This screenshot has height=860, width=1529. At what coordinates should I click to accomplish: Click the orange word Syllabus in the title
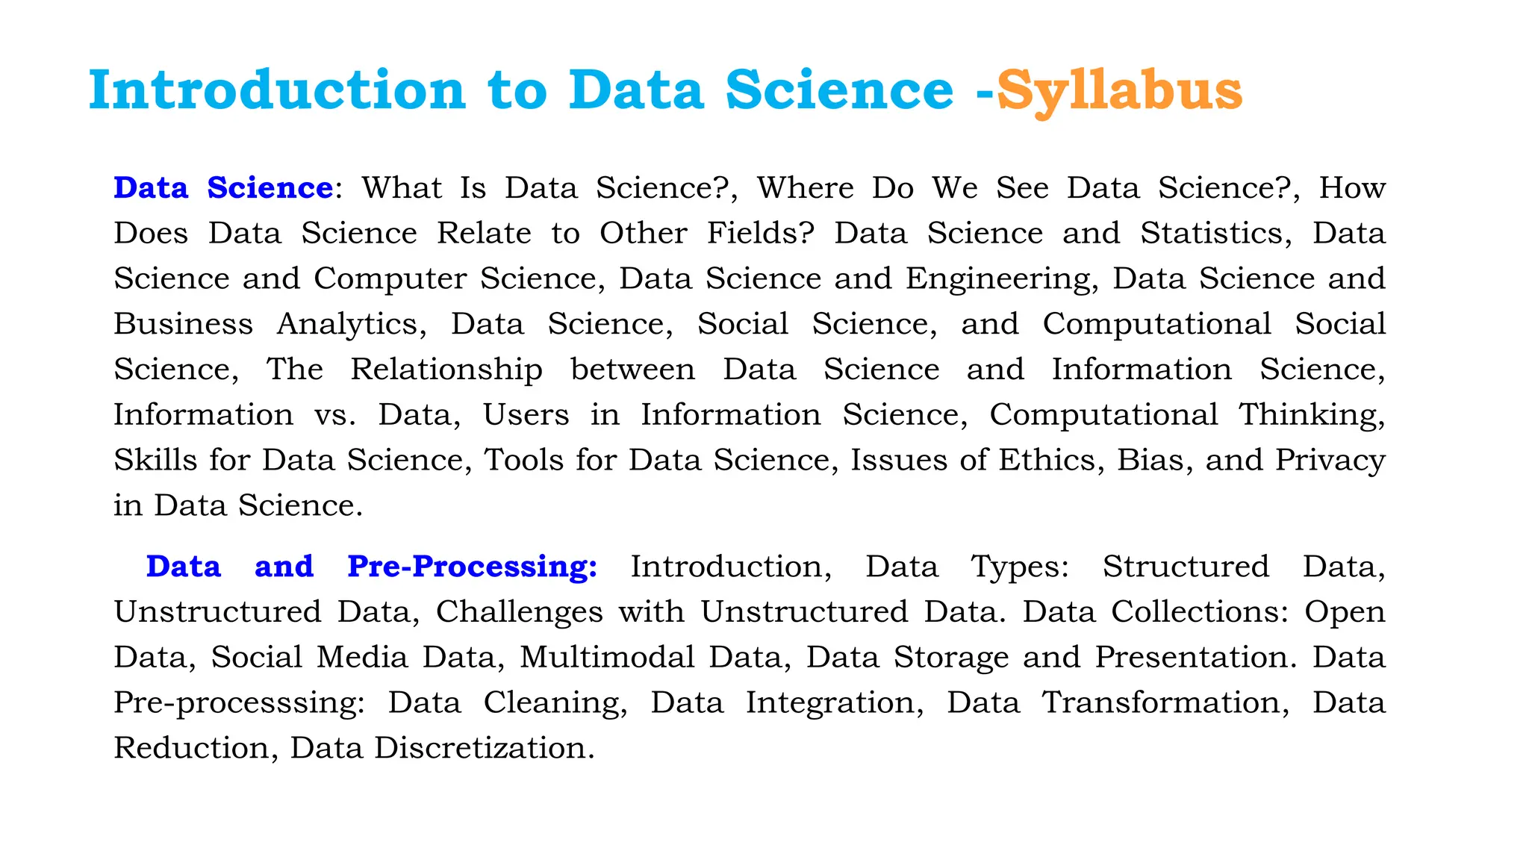click(1119, 91)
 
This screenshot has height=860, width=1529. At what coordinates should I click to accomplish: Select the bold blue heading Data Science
click(223, 187)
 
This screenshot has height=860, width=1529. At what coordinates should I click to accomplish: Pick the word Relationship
click(446, 370)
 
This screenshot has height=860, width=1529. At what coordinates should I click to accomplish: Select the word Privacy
click(1330, 460)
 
